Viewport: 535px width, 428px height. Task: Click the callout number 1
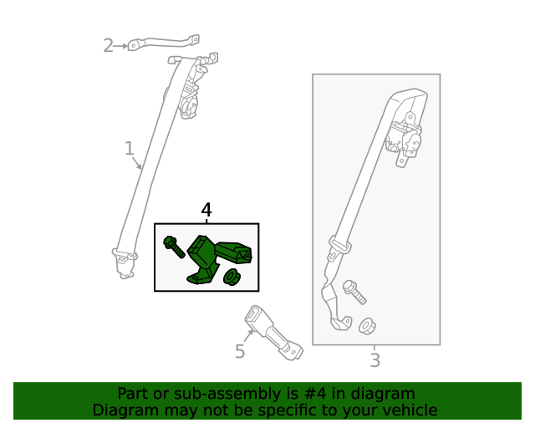[x=129, y=149]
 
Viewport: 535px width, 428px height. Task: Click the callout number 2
[x=108, y=46]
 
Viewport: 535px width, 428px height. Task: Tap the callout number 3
[x=375, y=360]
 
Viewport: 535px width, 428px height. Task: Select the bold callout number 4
[x=206, y=210]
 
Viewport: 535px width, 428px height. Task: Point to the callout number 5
[x=240, y=351]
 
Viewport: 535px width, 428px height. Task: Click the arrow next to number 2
[x=120, y=46]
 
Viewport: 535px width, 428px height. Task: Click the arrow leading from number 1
[x=137, y=163]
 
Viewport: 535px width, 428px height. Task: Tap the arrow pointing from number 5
[x=248, y=336]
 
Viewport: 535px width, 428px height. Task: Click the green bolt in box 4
[x=174, y=247]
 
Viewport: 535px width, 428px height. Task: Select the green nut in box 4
[x=232, y=277]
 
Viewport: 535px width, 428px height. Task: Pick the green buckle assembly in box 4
[x=217, y=259]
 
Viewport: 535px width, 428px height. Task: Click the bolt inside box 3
[x=354, y=292]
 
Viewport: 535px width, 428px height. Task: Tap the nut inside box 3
[x=367, y=326]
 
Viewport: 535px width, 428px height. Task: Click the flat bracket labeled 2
[x=164, y=43]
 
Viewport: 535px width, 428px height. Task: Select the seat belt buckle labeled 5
[x=273, y=333]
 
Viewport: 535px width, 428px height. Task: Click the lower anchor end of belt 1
[x=125, y=263]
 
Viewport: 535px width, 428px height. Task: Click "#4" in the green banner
[x=314, y=394]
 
